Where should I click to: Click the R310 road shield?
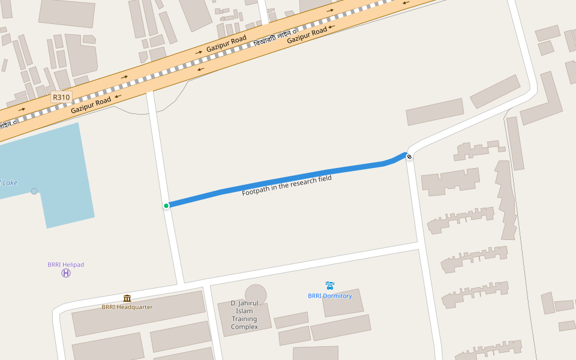click(x=61, y=97)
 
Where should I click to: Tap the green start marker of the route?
click(x=166, y=206)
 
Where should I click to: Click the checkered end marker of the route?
click(x=409, y=157)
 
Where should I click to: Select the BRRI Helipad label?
click(x=66, y=265)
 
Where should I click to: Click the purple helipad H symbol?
click(x=66, y=273)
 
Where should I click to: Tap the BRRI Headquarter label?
click(x=127, y=307)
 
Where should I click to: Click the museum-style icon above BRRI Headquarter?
click(x=127, y=298)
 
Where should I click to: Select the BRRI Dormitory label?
click(x=330, y=296)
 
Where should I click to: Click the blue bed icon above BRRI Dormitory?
click(x=330, y=286)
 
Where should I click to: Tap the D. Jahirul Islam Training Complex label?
click(x=244, y=315)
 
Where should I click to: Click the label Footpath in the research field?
click(x=287, y=186)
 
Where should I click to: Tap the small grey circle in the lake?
click(x=34, y=191)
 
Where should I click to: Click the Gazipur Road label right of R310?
click(x=91, y=106)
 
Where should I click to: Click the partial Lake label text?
click(x=8, y=182)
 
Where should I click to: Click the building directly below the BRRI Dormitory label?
click(x=343, y=305)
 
